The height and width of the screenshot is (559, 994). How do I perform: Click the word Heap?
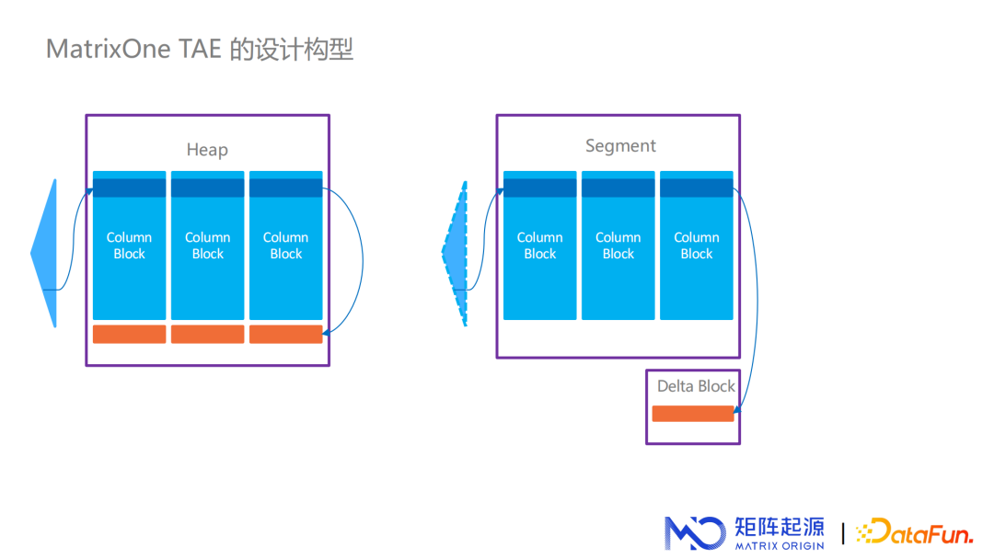pyautogui.click(x=207, y=150)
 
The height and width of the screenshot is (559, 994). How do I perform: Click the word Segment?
pyautogui.click(x=620, y=145)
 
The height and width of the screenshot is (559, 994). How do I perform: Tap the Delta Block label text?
pyautogui.click(x=696, y=386)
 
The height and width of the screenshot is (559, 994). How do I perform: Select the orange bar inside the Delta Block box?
pyautogui.click(x=693, y=414)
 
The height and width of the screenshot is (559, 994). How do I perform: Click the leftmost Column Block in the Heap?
pyautogui.click(x=130, y=245)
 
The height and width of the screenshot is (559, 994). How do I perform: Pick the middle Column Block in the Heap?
pyautogui.click(x=208, y=245)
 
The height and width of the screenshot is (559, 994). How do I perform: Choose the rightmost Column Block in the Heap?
pyautogui.click(x=286, y=245)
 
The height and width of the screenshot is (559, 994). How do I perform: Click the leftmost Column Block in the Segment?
pyautogui.click(x=540, y=245)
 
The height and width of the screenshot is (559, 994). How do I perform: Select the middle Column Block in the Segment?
pyautogui.click(x=618, y=245)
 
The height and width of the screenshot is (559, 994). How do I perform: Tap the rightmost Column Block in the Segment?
pyautogui.click(x=697, y=245)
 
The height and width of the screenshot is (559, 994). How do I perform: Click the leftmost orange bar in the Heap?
pyautogui.click(x=130, y=334)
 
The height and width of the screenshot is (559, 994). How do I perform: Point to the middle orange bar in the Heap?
pyautogui.click(x=208, y=334)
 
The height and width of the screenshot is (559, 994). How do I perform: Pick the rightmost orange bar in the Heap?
pyautogui.click(x=286, y=334)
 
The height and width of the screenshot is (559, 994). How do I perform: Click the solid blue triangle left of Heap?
pyautogui.click(x=46, y=253)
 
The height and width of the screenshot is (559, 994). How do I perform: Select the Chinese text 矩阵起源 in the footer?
pyautogui.click(x=779, y=526)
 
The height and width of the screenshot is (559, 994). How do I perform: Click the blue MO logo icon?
pyautogui.click(x=694, y=533)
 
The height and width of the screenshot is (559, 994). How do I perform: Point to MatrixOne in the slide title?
pyautogui.click(x=108, y=49)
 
